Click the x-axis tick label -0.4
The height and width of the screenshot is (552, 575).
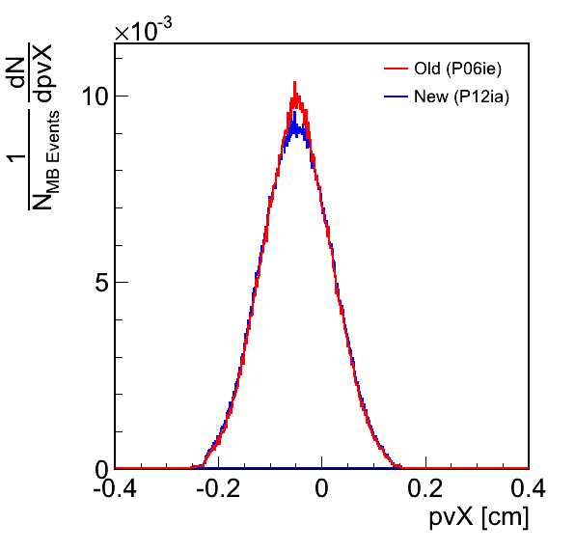pyautogui.click(x=115, y=488)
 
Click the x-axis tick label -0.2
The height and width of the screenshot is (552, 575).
pyautogui.click(x=218, y=488)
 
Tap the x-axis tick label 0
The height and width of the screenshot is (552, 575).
pyautogui.click(x=321, y=488)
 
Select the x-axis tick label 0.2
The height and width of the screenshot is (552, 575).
pyautogui.click(x=425, y=488)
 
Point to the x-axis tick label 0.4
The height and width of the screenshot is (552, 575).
pyautogui.click(x=528, y=488)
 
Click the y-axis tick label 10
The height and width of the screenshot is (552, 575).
pyautogui.click(x=95, y=97)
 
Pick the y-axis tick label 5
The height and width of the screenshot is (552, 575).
pyautogui.click(x=101, y=283)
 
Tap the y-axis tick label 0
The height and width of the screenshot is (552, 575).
pyautogui.click(x=101, y=469)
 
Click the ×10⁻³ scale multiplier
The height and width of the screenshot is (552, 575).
pyautogui.click(x=143, y=29)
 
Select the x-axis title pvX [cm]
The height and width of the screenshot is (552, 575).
pyautogui.click(x=479, y=517)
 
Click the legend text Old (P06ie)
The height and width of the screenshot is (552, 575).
pyautogui.click(x=457, y=69)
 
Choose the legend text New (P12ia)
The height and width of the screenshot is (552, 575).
pyautogui.click(x=462, y=97)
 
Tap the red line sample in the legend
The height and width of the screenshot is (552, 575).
pyautogui.click(x=397, y=69)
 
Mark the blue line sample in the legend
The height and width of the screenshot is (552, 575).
pyautogui.click(x=397, y=97)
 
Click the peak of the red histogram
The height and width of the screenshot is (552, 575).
pyautogui.click(x=294, y=82)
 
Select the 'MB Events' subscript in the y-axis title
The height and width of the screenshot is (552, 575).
pyautogui.click(x=53, y=152)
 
